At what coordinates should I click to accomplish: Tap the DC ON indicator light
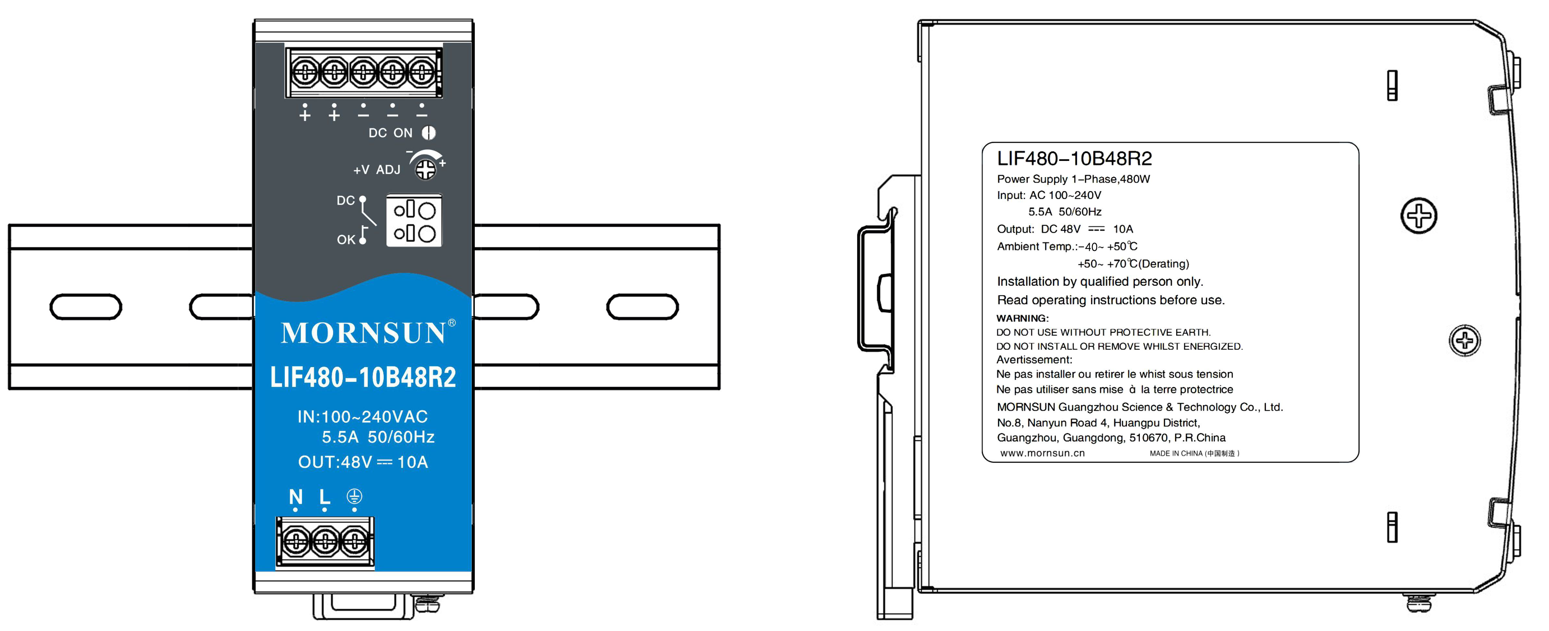(428, 133)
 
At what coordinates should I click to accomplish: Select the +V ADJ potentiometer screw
(426, 169)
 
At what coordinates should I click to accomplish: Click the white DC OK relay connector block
(414, 221)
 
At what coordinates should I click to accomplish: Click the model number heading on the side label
(1074, 159)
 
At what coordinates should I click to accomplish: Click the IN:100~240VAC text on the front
(363, 417)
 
